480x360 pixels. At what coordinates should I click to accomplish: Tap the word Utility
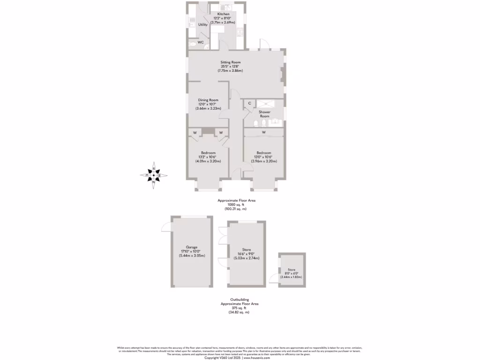[202, 24]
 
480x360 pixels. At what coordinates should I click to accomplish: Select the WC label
[200, 43]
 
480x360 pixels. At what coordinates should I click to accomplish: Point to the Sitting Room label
[230, 62]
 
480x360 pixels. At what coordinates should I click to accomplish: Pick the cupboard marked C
[249, 103]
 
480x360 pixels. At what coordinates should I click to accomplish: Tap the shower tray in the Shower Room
[270, 104]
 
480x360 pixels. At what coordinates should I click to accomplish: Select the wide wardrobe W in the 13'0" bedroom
[263, 132]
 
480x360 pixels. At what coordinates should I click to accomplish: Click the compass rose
[153, 176]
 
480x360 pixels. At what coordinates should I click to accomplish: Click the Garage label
[191, 247]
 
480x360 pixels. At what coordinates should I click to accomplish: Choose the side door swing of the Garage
[166, 227]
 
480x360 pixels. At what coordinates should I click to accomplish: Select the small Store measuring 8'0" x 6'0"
[291, 273]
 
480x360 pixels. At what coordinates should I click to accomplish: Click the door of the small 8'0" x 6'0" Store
[273, 280]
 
